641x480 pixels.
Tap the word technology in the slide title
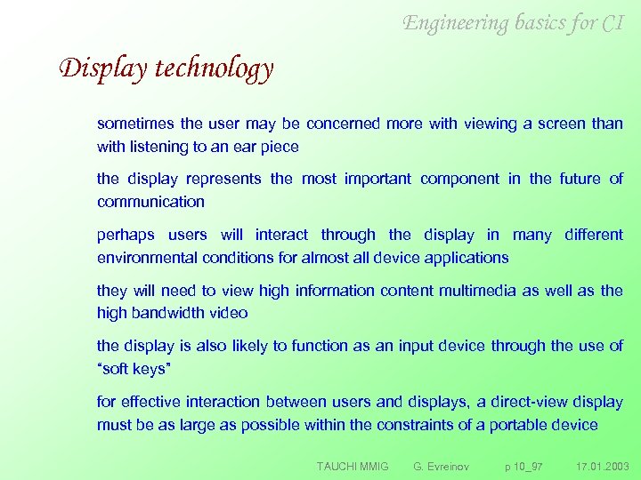pyautogui.click(x=214, y=68)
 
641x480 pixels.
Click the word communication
pyautogui.click(x=150, y=202)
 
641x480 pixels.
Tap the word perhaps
pyautogui.click(x=126, y=235)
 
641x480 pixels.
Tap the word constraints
pyautogui.click(x=416, y=424)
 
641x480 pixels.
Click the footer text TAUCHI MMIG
pyautogui.click(x=353, y=467)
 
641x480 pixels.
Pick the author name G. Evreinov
pyautogui.click(x=442, y=467)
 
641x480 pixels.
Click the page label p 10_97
pyautogui.click(x=523, y=467)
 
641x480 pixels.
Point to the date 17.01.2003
pyautogui.click(x=602, y=467)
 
